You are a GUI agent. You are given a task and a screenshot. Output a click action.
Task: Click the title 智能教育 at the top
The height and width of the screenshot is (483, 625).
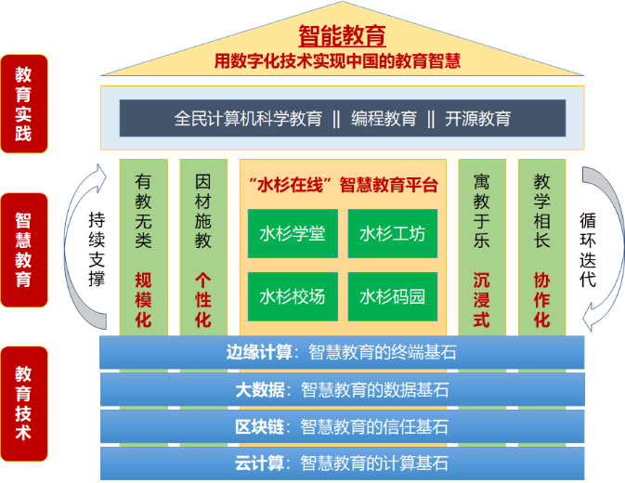[x=342, y=36]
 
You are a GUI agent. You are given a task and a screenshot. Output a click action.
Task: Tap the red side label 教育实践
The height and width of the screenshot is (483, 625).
[x=24, y=106]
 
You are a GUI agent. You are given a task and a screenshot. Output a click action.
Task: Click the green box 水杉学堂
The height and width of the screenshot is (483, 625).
[x=293, y=233]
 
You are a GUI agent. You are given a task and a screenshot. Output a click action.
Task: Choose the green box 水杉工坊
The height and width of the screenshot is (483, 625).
[x=392, y=233]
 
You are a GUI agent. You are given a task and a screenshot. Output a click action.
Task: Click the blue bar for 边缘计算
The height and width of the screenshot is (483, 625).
[x=341, y=352]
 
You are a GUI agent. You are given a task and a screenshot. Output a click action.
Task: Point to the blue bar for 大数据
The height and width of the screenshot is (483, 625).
[x=341, y=390]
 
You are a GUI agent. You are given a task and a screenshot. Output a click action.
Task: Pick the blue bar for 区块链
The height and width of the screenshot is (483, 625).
[x=341, y=427]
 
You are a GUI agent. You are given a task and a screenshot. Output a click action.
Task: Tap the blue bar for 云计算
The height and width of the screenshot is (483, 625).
[x=341, y=463]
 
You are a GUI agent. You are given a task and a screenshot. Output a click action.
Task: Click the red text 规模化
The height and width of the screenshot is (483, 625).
[x=143, y=298]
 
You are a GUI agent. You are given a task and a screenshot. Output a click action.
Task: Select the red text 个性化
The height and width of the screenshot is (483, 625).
[x=203, y=298]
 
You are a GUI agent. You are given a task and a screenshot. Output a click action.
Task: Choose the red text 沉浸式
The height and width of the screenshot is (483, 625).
[x=481, y=298]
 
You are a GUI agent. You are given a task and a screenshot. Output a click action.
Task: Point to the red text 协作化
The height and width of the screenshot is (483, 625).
[x=541, y=298]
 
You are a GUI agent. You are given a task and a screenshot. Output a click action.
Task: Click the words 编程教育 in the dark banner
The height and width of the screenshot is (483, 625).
[x=384, y=119]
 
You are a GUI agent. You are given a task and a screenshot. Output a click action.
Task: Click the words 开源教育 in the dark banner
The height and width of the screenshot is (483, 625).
[x=478, y=119]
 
